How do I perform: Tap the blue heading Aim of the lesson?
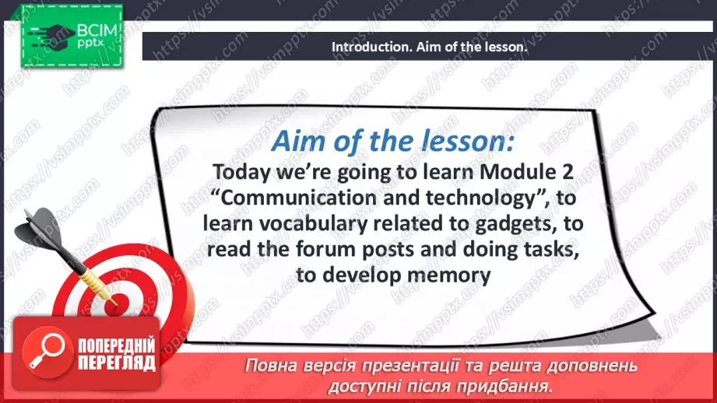click(x=393, y=141)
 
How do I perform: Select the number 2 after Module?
click(x=567, y=172)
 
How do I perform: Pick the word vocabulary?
click(x=313, y=224)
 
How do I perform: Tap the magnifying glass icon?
click(x=47, y=352)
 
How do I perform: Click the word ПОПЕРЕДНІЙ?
click(x=117, y=346)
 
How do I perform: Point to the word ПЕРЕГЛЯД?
click(x=117, y=363)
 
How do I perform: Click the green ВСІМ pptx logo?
click(x=72, y=37)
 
